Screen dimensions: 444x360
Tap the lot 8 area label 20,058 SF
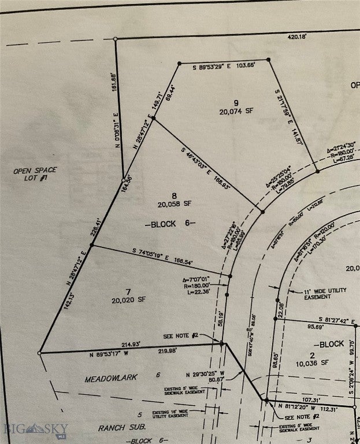pos(174,204)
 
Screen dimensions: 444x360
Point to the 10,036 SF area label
pos(312,362)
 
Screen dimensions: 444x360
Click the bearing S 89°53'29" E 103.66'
pos(224,67)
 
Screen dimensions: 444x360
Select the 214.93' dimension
pos(136,344)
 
